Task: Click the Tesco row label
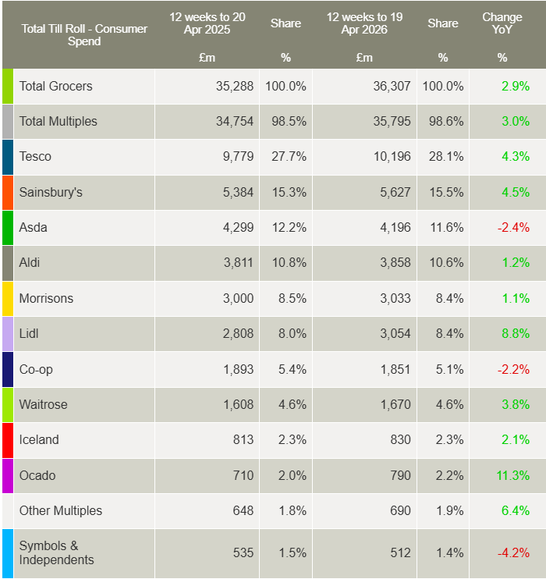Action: (x=35, y=157)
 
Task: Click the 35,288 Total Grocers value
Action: (x=235, y=86)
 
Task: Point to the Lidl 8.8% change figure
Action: (x=516, y=333)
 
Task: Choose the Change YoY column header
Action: (x=502, y=23)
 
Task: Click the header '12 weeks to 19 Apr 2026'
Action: (x=358, y=23)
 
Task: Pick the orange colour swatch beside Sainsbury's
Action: (x=8, y=192)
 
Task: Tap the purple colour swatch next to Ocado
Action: (x=8, y=475)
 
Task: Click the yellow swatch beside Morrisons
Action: (x=8, y=298)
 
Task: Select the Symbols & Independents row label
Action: (x=56, y=552)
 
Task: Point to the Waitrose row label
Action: (x=43, y=404)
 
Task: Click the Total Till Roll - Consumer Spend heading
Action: (x=84, y=35)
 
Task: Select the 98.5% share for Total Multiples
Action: (x=287, y=121)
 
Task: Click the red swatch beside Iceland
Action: (x=8, y=439)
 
